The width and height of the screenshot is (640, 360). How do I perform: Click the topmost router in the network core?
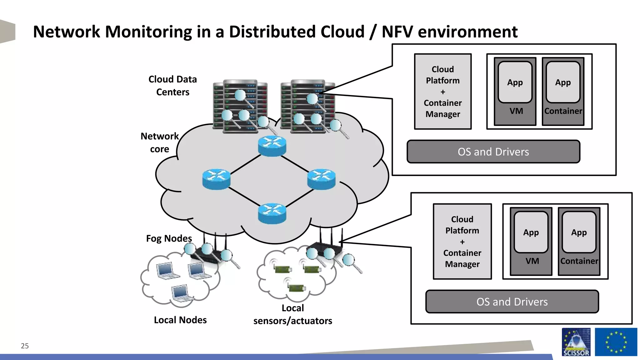(272, 146)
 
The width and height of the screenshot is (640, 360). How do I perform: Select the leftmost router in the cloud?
(216, 179)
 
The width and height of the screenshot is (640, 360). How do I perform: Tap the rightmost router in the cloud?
(321, 179)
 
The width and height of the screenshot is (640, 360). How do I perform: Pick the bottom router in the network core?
(272, 213)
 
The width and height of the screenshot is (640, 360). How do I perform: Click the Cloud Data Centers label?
(172, 86)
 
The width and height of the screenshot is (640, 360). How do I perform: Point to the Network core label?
(159, 142)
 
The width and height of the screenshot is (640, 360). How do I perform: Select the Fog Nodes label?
(169, 238)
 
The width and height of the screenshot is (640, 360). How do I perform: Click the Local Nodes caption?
(180, 320)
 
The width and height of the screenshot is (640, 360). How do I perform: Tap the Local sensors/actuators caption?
(292, 314)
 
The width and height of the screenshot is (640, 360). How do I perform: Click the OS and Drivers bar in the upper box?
(493, 152)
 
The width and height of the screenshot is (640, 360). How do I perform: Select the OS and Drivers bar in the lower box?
(512, 302)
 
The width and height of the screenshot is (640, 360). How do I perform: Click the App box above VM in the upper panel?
(515, 82)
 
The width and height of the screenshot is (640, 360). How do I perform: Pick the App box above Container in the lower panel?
(579, 232)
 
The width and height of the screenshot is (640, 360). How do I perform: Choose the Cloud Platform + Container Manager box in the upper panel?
(442, 92)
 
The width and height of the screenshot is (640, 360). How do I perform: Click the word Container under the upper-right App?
(563, 111)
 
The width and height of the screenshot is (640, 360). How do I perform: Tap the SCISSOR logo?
(576, 342)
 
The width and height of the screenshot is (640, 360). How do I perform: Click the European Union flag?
(616, 342)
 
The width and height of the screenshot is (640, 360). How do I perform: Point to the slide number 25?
(25, 346)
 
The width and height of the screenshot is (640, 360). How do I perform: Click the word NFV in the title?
(397, 32)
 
